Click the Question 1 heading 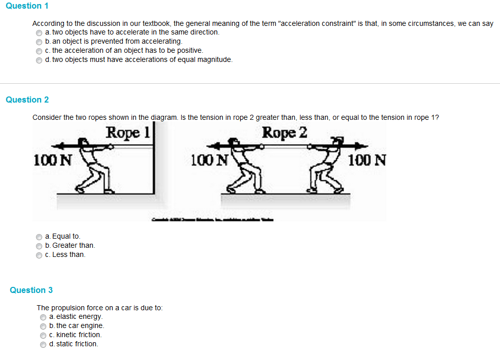click(x=27, y=6)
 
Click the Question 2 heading click(x=27, y=100)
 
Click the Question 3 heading click(x=31, y=290)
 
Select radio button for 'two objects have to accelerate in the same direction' click(x=39, y=32)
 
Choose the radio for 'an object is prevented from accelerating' click(x=39, y=42)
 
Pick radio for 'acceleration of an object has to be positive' click(x=39, y=51)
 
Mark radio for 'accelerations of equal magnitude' click(x=39, y=60)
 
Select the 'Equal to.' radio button click(x=39, y=237)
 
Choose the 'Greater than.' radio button click(x=39, y=246)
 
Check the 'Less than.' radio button click(x=39, y=255)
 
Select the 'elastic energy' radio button click(x=43, y=317)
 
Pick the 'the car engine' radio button click(x=43, y=326)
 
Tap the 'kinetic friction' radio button click(x=43, y=335)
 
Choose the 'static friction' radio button click(x=43, y=344)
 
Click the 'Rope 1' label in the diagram click(x=128, y=133)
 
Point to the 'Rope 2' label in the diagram click(x=285, y=133)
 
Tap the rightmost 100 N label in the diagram click(x=367, y=160)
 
